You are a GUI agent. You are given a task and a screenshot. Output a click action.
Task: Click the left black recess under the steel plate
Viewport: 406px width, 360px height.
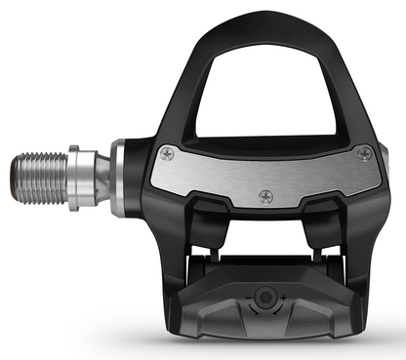(x=195, y=220)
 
